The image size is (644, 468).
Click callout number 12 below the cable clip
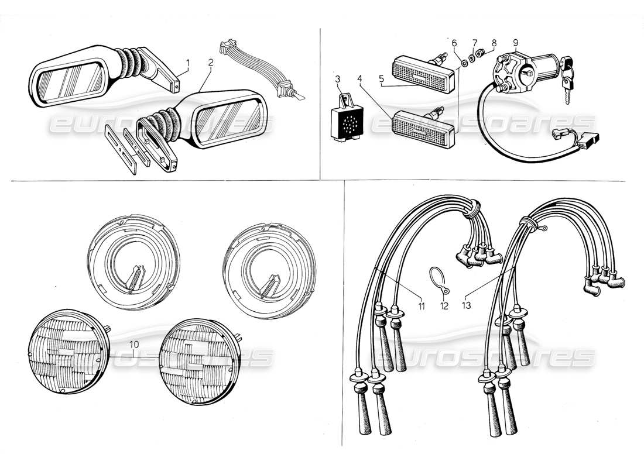click(x=444, y=305)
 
